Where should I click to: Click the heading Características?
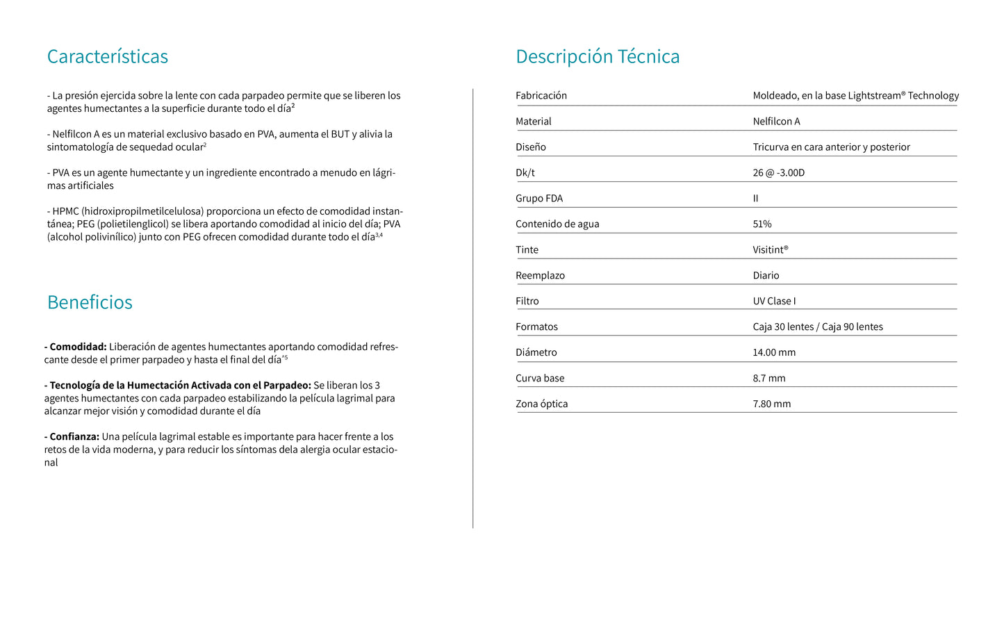tap(108, 56)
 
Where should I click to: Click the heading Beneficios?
tap(90, 302)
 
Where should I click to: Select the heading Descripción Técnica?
tap(598, 56)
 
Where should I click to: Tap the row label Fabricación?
tap(541, 96)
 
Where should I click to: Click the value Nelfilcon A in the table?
tap(776, 122)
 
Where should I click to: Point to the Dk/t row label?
tap(525, 173)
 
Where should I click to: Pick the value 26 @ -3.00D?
tap(778, 173)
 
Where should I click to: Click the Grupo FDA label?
tap(539, 199)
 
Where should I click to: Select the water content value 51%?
tap(762, 224)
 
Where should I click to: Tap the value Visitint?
tap(770, 250)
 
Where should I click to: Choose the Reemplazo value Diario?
tap(766, 276)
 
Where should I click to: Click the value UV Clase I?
tap(774, 302)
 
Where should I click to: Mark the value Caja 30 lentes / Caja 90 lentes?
tap(818, 327)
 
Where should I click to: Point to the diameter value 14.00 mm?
tap(774, 353)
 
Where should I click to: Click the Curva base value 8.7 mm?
tap(769, 379)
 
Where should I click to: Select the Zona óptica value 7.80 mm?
tap(771, 404)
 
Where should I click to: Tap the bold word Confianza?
tap(74, 437)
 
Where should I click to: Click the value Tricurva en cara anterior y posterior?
tap(831, 147)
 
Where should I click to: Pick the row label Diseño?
tap(531, 147)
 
